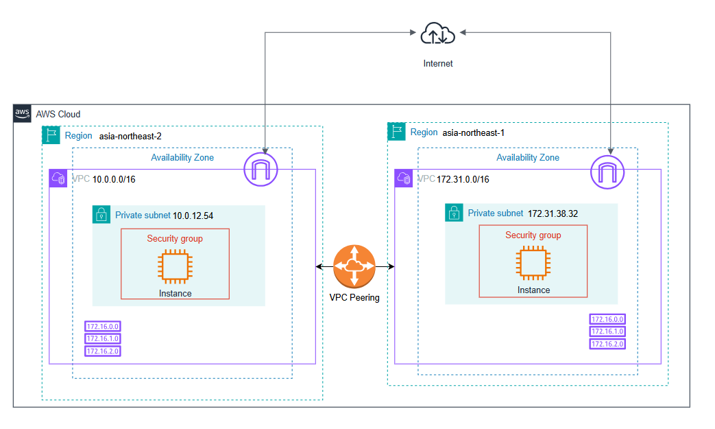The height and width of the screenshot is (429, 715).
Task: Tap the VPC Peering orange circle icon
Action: (354, 266)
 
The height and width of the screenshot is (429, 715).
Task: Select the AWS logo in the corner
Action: (22, 114)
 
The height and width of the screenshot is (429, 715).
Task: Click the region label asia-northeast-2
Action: (130, 136)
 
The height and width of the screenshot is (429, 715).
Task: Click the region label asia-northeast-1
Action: (474, 132)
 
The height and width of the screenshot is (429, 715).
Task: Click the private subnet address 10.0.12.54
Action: (193, 216)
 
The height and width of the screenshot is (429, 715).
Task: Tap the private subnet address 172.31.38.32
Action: (553, 213)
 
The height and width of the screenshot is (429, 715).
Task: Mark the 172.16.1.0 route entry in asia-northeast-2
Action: (103, 338)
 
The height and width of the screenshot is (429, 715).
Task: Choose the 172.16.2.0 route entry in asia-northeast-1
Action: (607, 343)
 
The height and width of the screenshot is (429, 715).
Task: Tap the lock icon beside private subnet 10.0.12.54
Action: (101, 214)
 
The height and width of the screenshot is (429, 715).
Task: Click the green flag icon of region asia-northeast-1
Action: (397, 132)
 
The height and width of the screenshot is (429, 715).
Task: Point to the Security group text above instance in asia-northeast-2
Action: (175, 239)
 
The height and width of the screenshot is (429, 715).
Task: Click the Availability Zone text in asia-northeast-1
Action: (527, 157)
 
